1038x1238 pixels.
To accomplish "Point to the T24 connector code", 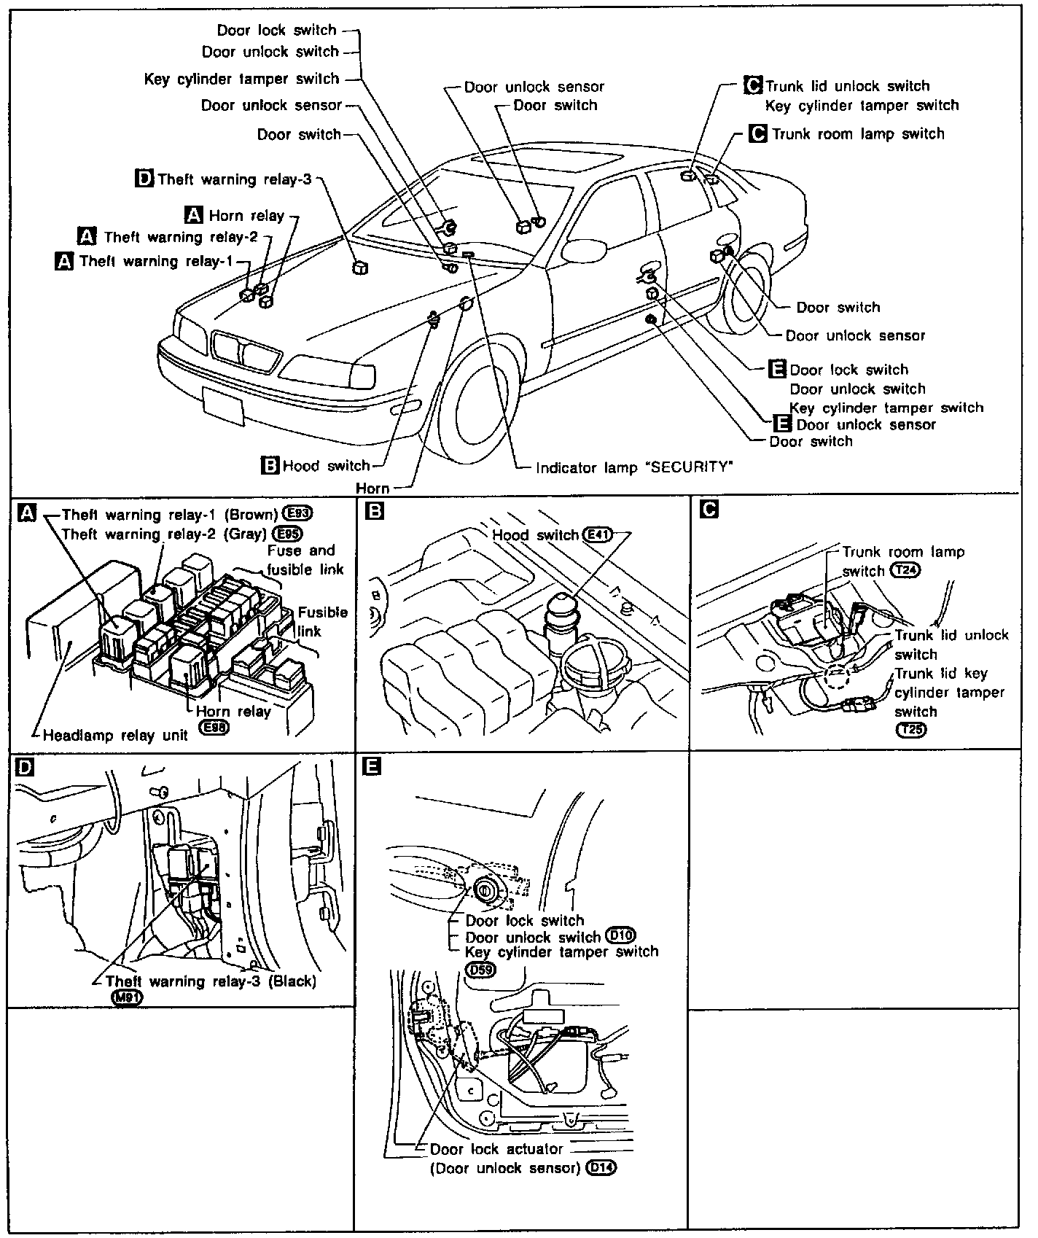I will tap(905, 571).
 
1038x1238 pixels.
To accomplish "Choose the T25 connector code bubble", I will tap(910, 730).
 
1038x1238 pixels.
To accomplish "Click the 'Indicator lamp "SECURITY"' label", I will tap(633, 467).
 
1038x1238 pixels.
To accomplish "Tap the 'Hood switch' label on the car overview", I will tap(326, 465).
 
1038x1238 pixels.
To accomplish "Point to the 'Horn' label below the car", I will tap(372, 488).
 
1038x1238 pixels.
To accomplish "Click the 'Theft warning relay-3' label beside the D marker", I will tap(234, 179).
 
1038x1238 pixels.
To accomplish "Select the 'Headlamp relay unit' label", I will tap(115, 735).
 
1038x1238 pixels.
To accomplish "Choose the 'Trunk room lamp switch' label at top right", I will tap(857, 134).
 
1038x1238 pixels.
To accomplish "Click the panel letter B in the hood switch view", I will tap(374, 512).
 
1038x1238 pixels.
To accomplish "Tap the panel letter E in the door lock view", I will tap(372, 766).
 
